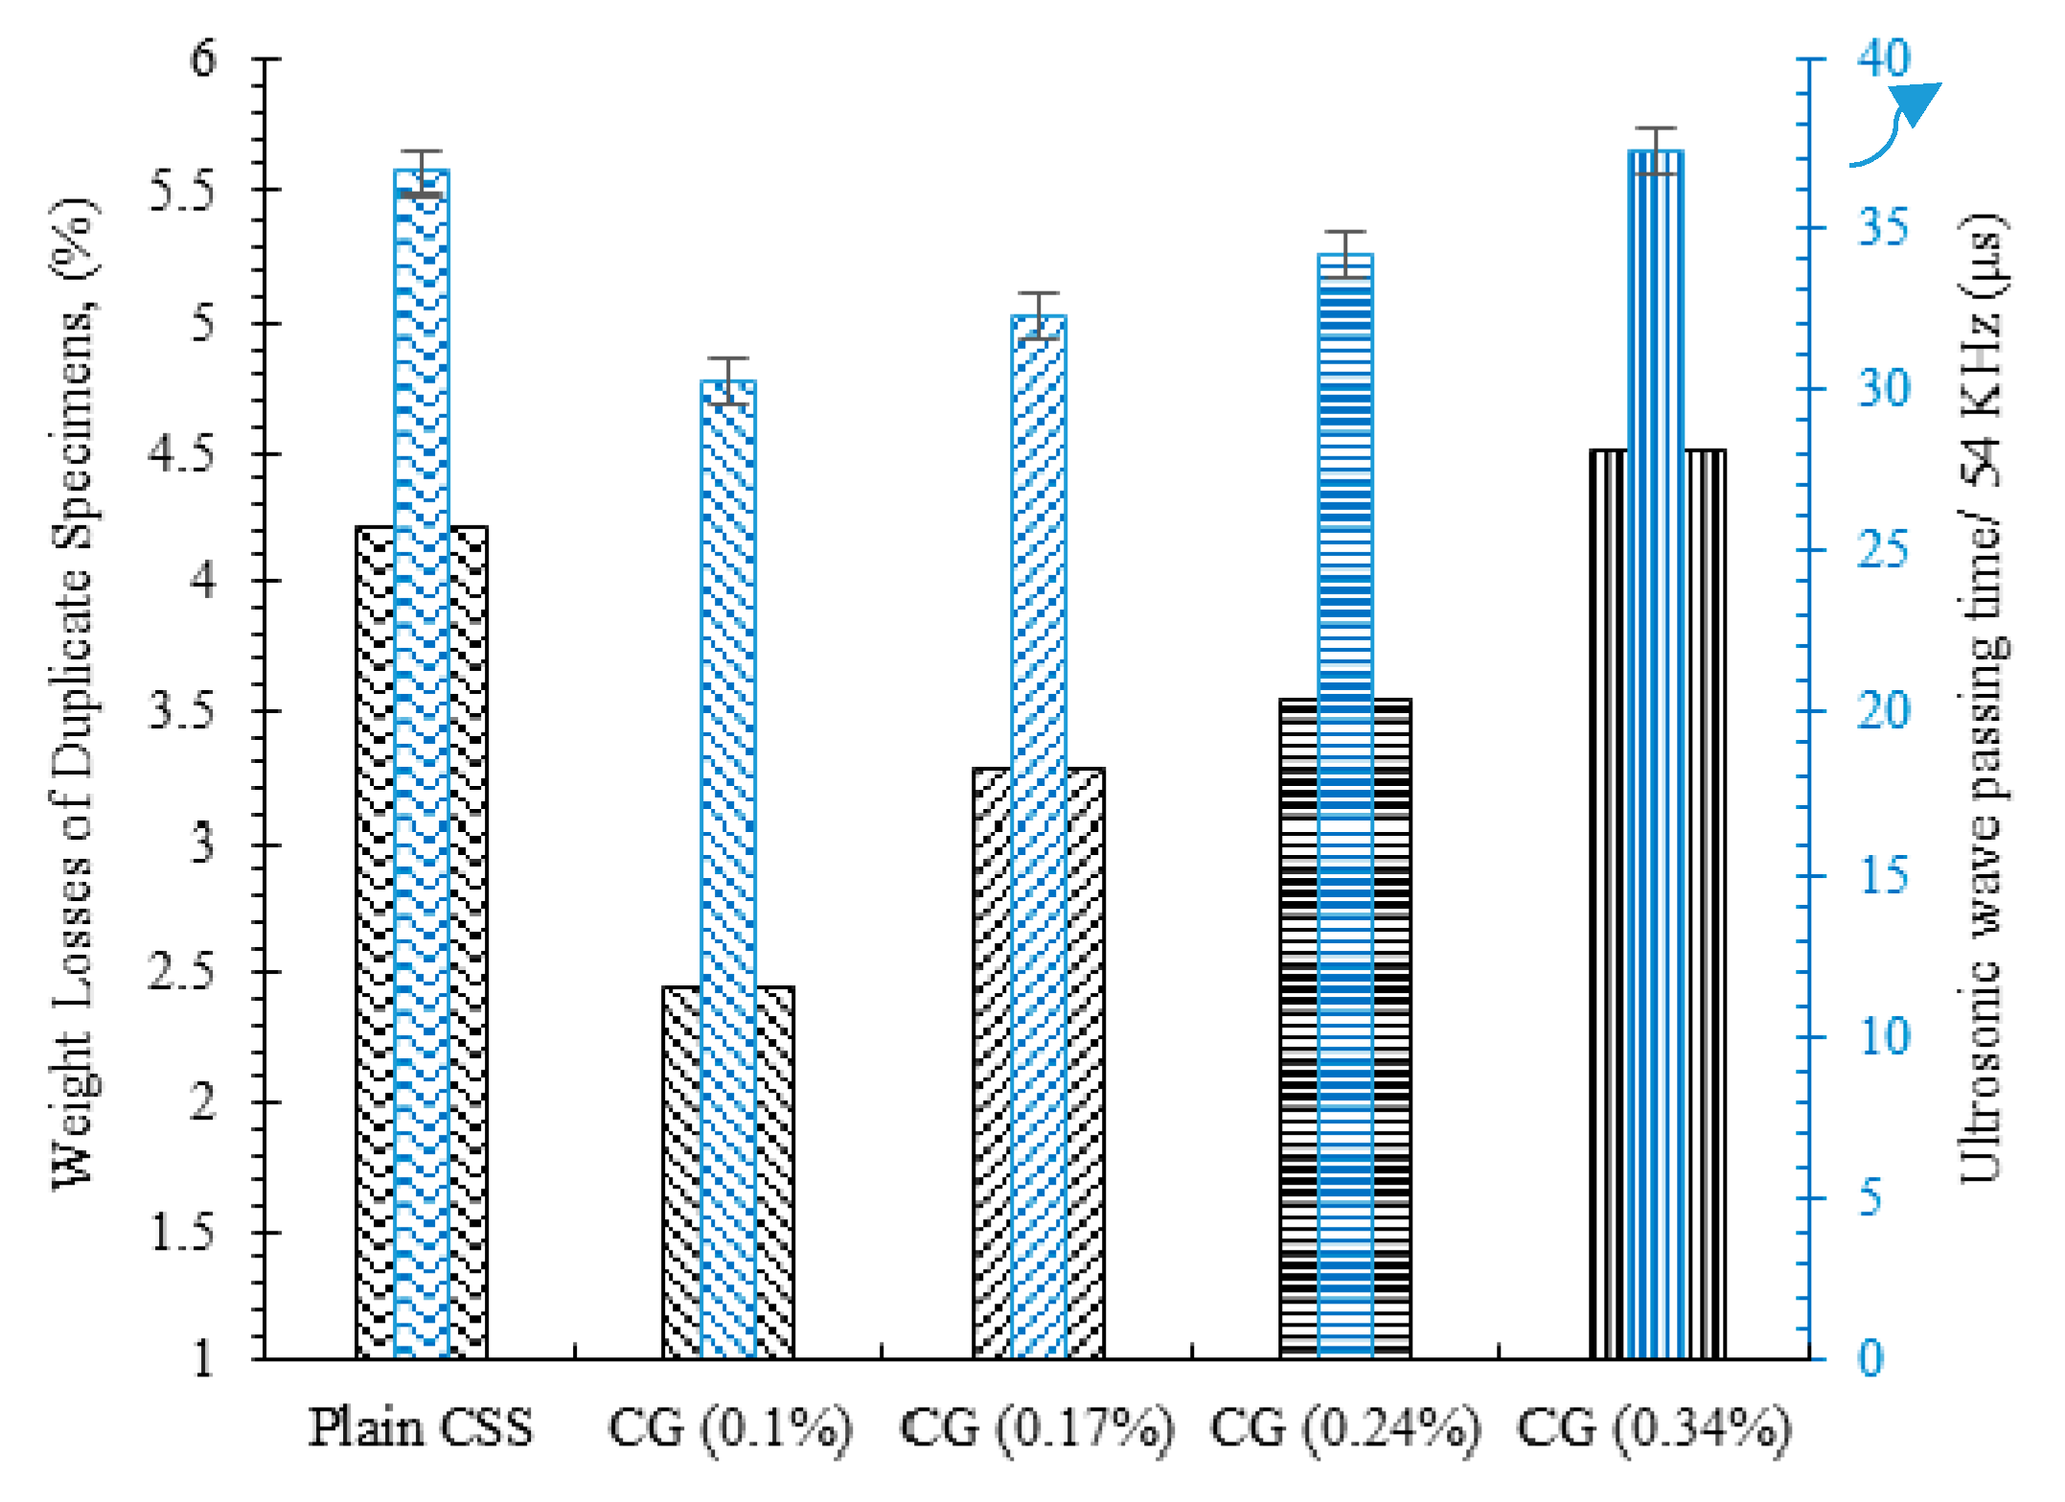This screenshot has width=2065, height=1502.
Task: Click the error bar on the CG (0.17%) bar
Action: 1038,315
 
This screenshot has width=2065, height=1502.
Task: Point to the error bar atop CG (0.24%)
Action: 1345,253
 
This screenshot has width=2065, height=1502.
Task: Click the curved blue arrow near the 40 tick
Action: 1897,125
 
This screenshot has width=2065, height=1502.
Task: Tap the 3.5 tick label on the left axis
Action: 183,711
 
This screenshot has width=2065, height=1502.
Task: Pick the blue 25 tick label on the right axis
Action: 1884,550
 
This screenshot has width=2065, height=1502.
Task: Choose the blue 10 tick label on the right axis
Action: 1884,1037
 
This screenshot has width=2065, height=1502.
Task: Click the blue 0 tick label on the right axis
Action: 1870,1359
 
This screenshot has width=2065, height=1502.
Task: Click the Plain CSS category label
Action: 421,1427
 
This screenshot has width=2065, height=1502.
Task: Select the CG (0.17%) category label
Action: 1038,1429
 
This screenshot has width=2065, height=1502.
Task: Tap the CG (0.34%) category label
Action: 1655,1429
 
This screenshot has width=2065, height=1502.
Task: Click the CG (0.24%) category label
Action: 1345,1429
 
